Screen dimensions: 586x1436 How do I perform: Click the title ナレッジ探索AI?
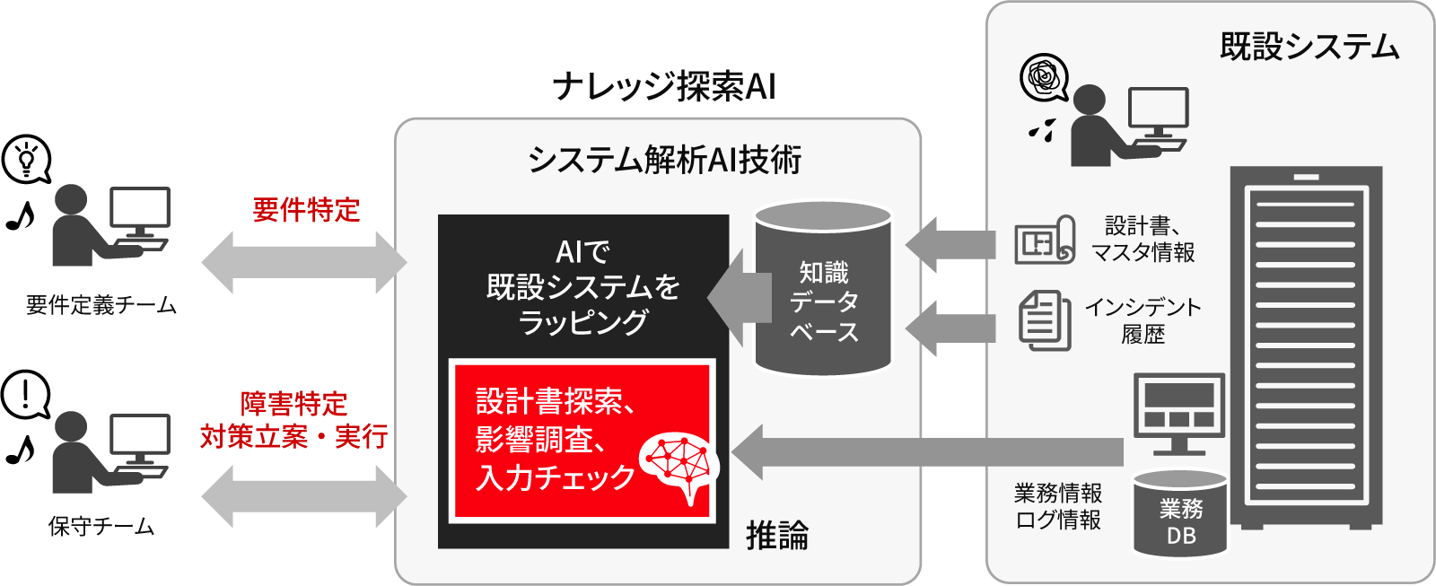[664, 87]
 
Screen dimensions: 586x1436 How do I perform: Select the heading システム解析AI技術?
[664, 160]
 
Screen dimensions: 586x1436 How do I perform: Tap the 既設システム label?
[1309, 47]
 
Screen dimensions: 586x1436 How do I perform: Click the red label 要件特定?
[306, 210]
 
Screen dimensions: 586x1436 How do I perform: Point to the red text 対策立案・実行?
[293, 437]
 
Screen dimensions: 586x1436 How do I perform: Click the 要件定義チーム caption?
[101, 305]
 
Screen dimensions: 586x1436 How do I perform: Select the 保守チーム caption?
[101, 527]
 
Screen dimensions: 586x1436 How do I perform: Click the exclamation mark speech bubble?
[26, 395]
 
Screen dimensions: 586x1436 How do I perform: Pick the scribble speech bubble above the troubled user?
[1044, 78]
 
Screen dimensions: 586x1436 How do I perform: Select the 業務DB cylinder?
[1180, 516]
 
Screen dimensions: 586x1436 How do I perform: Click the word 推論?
[777, 536]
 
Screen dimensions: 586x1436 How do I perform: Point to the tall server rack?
[1306, 345]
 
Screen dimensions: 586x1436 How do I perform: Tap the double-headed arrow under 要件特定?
[303, 263]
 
